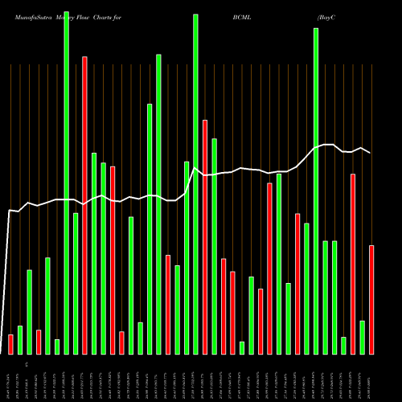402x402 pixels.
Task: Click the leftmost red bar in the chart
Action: coord(10,344)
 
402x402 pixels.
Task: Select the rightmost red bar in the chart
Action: coord(371,299)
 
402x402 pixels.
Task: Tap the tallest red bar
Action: coord(84,205)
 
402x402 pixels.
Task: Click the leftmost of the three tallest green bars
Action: coord(66,183)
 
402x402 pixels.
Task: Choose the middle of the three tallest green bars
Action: coord(195,184)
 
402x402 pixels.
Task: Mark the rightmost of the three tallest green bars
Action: coord(316,191)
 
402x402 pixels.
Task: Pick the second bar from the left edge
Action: coord(20,339)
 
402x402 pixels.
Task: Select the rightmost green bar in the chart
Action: coord(362,337)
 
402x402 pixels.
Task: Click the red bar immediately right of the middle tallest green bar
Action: coord(205,237)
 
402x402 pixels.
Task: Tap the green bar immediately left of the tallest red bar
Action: coord(76,283)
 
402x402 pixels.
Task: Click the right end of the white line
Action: coord(371,153)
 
